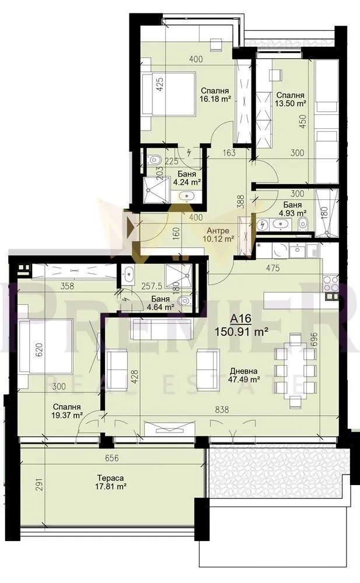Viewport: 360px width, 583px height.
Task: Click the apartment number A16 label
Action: pos(242,318)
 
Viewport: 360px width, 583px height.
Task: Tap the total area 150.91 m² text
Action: pos(242,331)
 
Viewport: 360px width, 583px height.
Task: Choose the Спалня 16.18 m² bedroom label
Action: pos(215,95)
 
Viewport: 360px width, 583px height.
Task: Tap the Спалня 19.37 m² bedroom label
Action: pos(65,411)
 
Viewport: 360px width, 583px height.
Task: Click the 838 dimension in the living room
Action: pos(221,410)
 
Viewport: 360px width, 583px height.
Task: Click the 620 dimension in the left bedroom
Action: pos(24,350)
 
